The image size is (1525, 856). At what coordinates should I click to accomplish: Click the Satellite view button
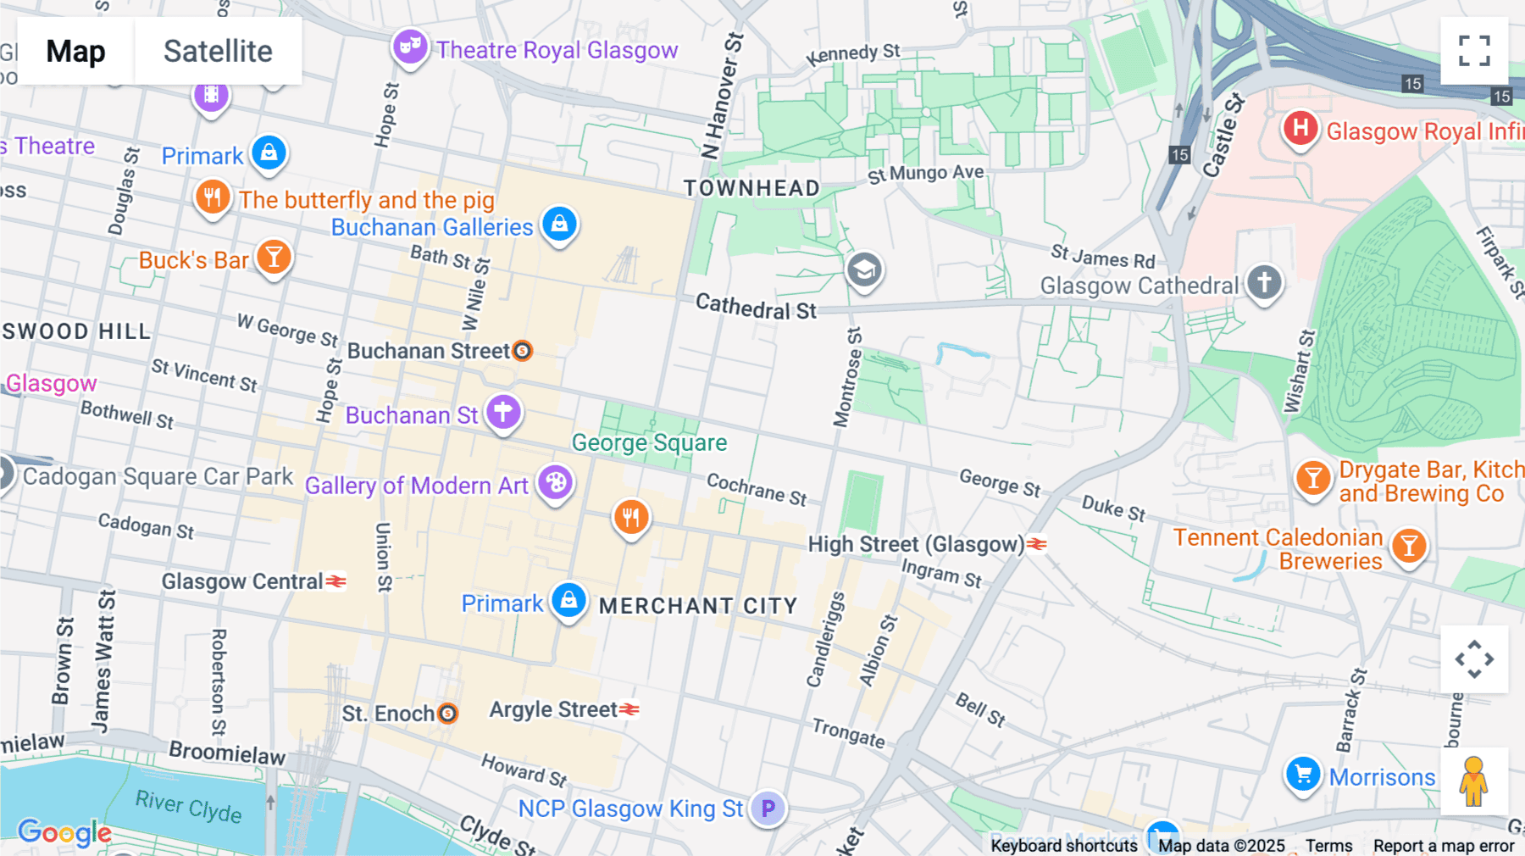tap(218, 51)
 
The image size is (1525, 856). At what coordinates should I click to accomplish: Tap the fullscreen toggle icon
tap(1474, 51)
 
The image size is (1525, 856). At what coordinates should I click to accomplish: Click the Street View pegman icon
tap(1474, 781)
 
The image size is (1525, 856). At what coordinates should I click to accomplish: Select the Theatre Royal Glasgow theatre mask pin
tap(410, 47)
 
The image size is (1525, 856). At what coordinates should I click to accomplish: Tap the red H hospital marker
tap(1300, 129)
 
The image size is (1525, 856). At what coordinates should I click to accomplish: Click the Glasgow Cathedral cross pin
tap(1264, 281)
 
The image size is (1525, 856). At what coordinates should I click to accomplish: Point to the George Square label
tap(649, 442)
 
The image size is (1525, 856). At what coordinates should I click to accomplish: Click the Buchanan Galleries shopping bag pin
tap(559, 225)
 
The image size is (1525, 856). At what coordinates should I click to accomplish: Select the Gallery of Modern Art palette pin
tap(556, 483)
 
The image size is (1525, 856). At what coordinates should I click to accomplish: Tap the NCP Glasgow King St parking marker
tap(768, 808)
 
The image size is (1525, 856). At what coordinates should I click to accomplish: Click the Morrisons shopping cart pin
tap(1303, 774)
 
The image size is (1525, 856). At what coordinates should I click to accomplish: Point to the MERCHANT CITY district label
tap(698, 606)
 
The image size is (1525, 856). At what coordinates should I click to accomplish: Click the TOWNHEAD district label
tap(751, 188)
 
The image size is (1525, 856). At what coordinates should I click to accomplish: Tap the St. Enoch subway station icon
tap(447, 714)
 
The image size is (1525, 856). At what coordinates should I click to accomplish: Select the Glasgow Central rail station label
tap(242, 581)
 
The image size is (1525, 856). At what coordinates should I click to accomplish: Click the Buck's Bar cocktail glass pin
tap(274, 256)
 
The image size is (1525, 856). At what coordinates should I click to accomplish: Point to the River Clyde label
tap(188, 805)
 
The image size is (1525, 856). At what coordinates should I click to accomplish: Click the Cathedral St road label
tap(756, 307)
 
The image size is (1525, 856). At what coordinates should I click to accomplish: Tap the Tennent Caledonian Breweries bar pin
tap(1409, 546)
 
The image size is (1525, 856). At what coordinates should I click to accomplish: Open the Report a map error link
tap(1444, 846)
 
